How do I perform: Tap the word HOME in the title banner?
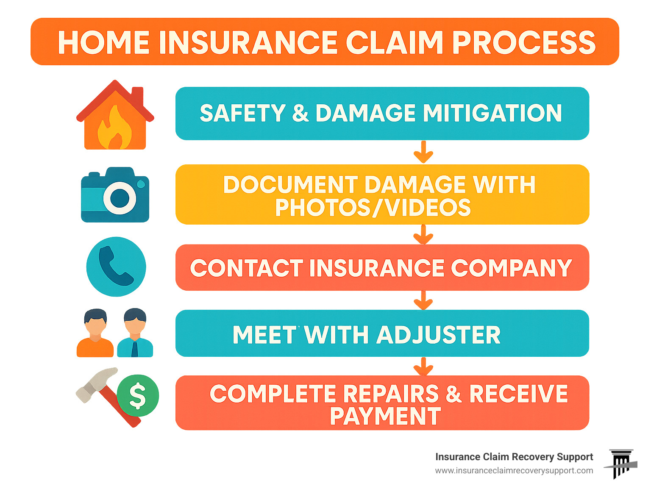pyautogui.click(x=103, y=43)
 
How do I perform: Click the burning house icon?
pyautogui.click(x=115, y=117)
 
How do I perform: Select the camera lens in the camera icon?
pyautogui.click(x=120, y=197)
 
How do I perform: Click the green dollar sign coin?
pyautogui.click(x=138, y=396)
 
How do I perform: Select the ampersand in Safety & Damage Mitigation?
pyautogui.click(x=300, y=113)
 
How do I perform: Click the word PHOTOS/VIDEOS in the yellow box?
pyautogui.click(x=373, y=208)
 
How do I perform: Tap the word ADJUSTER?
pyautogui.click(x=438, y=335)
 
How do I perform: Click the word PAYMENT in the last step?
pyautogui.click(x=385, y=416)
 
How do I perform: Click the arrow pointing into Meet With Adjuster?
pyautogui.click(x=423, y=300)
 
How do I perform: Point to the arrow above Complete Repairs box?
pyautogui.click(x=423, y=367)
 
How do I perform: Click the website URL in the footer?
pyautogui.click(x=514, y=471)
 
